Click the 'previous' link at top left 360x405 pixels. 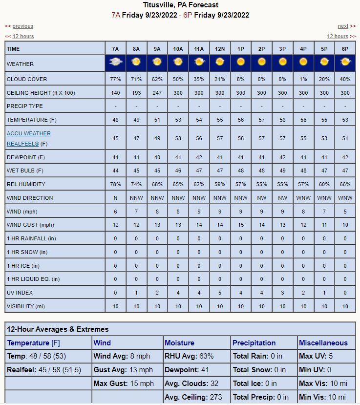click(22, 26)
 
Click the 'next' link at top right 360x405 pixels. click(343, 26)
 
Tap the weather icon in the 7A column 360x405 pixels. click(115, 62)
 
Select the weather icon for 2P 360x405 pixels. click(261, 62)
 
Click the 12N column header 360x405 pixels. click(220, 49)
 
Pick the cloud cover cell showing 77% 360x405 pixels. click(115, 79)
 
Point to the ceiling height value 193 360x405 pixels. click(136, 93)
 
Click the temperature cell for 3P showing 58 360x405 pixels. click(282, 120)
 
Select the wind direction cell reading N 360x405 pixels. click(115, 198)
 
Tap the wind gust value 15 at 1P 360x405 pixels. click(240, 225)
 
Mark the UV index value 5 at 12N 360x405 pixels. click(220, 293)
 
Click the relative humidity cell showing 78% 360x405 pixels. click(115, 184)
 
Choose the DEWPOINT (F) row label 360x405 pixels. click(26, 157)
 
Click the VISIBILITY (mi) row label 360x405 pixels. click(26, 306)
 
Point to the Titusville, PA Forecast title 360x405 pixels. click(180, 5)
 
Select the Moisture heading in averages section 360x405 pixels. click(180, 343)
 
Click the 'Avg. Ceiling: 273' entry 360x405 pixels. click(193, 397)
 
